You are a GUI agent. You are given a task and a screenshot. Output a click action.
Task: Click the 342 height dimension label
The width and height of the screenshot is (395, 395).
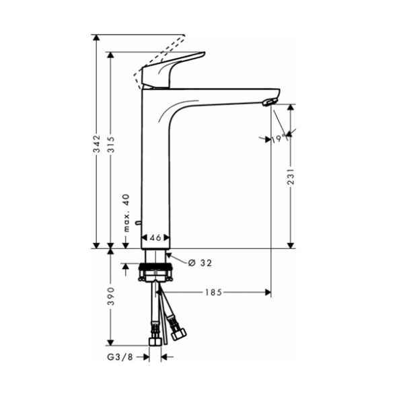pyautogui.click(x=96, y=143)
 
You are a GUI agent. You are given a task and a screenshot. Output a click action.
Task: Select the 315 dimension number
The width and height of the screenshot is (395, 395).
pyautogui.click(x=111, y=144)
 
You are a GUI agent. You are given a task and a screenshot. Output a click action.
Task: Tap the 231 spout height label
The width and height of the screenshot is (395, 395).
pyautogui.click(x=291, y=176)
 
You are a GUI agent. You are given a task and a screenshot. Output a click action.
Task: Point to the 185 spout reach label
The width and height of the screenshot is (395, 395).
pyautogui.click(x=213, y=292)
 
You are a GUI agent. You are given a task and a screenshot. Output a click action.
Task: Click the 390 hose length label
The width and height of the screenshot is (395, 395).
pyautogui.click(x=111, y=296)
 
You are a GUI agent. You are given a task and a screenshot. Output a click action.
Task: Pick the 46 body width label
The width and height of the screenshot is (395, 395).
pyautogui.click(x=155, y=238)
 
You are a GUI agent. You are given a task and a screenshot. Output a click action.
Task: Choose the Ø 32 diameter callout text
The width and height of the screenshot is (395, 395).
pyautogui.click(x=200, y=263)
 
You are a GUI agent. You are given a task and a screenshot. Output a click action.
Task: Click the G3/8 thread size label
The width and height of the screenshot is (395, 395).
pyautogui.click(x=120, y=357)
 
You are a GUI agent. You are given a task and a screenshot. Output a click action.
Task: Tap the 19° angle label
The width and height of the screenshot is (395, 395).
pyautogui.click(x=279, y=139)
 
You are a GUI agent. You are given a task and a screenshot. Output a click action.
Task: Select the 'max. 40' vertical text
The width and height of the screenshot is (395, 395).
pyautogui.click(x=127, y=213)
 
